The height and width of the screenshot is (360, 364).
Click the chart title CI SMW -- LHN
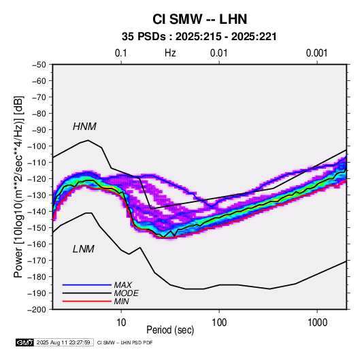coord(199,19)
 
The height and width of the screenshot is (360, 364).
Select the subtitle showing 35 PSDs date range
coord(199,37)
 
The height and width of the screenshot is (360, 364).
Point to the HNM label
coord(84,127)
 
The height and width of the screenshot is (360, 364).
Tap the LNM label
coord(84,249)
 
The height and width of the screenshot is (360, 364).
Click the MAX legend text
coord(122,285)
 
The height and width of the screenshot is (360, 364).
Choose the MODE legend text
coord(127,293)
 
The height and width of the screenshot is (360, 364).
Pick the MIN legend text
coord(121,301)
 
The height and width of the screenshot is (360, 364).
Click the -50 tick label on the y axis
coord(39,65)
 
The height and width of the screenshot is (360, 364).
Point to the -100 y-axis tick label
coord(37,146)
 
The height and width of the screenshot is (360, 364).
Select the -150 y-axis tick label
coord(37,228)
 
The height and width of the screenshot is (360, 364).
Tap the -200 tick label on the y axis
coord(37,310)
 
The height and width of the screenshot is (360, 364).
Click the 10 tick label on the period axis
coord(121,322)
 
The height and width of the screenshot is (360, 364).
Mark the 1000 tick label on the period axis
coord(317,322)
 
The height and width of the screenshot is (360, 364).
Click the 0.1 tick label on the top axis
coord(121,53)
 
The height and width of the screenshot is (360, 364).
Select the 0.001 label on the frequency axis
coord(316,53)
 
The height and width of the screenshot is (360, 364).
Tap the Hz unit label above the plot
coord(170,53)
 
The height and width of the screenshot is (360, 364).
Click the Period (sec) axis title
coord(170,330)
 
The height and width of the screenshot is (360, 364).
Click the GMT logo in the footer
coord(25,342)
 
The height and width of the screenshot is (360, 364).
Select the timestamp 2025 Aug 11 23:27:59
coord(63,342)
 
